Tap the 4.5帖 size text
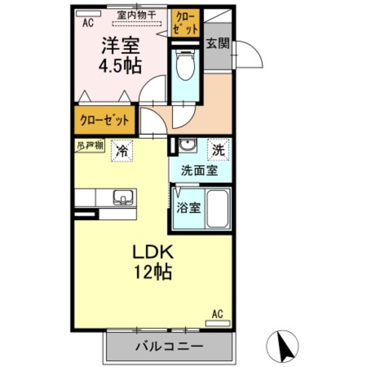[x=120, y=66]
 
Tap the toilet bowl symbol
[x=185, y=67]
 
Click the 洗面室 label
[x=200, y=170]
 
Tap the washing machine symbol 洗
[x=219, y=150]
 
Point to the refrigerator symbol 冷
[x=122, y=151]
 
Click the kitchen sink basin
[x=123, y=198]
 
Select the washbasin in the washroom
[x=186, y=146]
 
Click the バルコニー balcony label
[x=169, y=346]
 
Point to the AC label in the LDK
[x=217, y=314]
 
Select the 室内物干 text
[x=137, y=15]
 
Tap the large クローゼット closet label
[x=104, y=120]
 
